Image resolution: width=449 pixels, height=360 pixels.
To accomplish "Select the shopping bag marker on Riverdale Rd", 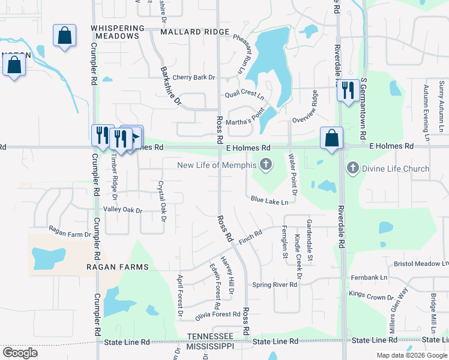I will (x=331, y=139).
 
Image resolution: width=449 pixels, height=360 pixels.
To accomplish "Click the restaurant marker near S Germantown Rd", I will (x=348, y=91).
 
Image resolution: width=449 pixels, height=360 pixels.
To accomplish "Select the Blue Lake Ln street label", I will (x=270, y=201).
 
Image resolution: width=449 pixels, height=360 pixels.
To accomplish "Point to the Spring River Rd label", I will (x=274, y=284).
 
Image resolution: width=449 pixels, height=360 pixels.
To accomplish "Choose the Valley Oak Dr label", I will (x=122, y=210).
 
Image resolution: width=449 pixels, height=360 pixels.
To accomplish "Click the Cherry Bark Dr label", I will (x=193, y=77).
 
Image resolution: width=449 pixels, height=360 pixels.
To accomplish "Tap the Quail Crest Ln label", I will (x=244, y=95).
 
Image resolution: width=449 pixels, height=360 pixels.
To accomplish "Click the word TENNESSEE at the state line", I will (x=209, y=336).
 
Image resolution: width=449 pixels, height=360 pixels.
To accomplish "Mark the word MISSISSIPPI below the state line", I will (x=211, y=347).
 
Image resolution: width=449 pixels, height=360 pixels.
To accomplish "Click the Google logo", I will (x=20, y=353).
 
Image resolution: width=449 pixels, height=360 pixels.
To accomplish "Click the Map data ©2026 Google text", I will (x=411, y=355).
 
